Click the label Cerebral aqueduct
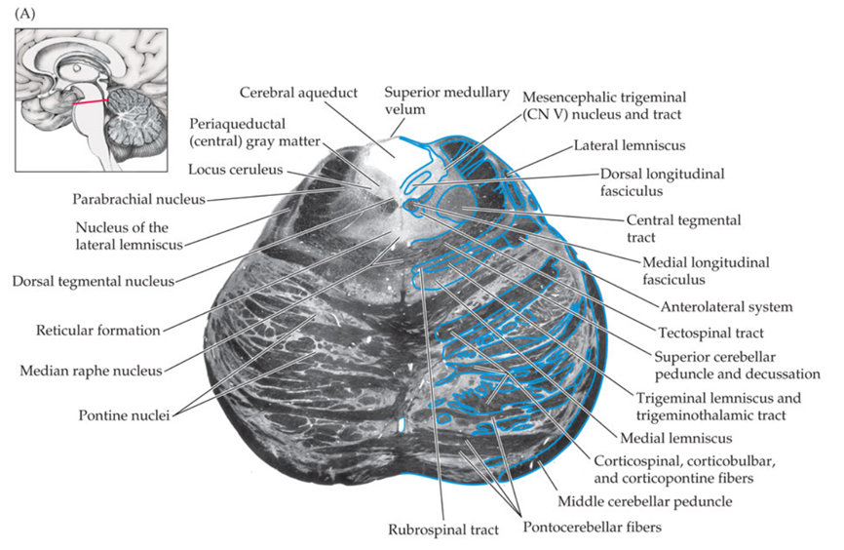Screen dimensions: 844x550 pos(299,93)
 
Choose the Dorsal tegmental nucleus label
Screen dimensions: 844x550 pos(94,281)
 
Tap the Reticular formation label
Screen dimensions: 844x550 pos(97,330)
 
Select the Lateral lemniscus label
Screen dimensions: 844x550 pos(630,145)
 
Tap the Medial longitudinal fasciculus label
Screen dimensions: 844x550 pos(707,271)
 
